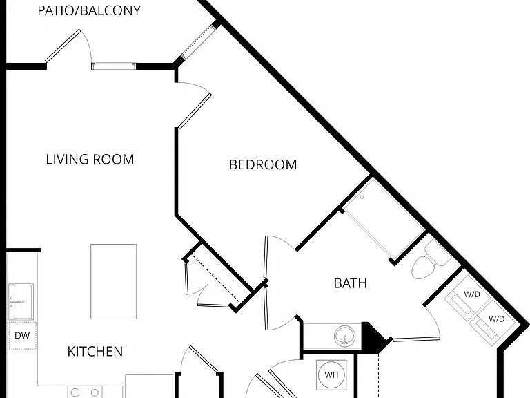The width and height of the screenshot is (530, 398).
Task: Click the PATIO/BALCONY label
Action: pyautogui.click(x=89, y=10)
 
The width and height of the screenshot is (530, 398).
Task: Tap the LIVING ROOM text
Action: pyautogui.click(x=90, y=160)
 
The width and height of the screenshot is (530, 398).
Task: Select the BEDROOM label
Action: pyautogui.click(x=263, y=165)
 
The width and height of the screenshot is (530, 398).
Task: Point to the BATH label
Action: pyautogui.click(x=350, y=283)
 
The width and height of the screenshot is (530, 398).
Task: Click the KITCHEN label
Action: pyautogui.click(x=95, y=352)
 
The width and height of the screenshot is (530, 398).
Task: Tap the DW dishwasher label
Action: pyautogui.click(x=22, y=335)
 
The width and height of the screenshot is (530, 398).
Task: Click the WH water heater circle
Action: pyautogui.click(x=331, y=375)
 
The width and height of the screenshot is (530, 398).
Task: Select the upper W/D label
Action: pyautogui.click(x=472, y=294)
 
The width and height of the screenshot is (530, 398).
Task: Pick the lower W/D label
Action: pyautogui.click(x=497, y=319)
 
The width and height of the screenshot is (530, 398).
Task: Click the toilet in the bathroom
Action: pyautogui.click(x=430, y=260)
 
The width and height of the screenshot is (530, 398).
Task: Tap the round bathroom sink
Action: pyautogui.click(x=345, y=336)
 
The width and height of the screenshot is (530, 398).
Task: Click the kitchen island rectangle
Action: pyautogui.click(x=114, y=281)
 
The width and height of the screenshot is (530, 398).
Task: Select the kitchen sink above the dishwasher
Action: pyautogui.click(x=21, y=301)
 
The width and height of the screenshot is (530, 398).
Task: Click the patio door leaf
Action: pyautogui.click(x=63, y=46)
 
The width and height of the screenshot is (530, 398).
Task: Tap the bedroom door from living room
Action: pyautogui.click(x=195, y=111)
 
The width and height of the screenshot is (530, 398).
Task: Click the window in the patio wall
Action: pyautogui.click(x=114, y=66)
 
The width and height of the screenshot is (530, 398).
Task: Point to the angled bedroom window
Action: pyautogui.click(x=199, y=41)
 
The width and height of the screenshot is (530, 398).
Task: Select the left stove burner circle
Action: pyautogui.click(x=75, y=393)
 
